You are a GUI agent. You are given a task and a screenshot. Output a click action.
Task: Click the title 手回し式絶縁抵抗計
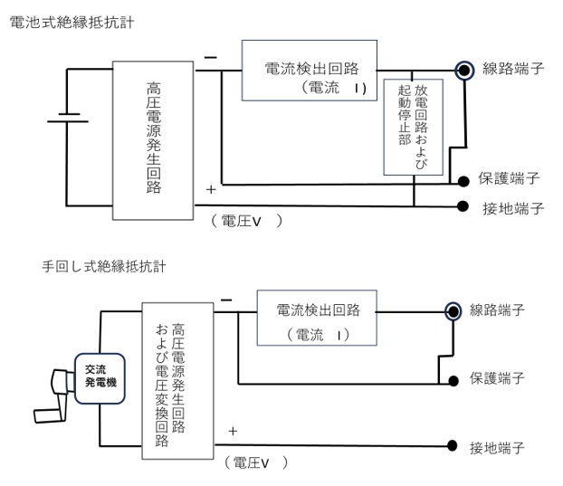point(103,265)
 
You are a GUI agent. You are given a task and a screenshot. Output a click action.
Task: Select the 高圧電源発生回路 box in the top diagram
point(152,139)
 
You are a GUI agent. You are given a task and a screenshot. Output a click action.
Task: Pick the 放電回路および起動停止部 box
point(414,127)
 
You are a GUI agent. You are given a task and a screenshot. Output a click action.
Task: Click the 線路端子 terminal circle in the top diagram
point(464,70)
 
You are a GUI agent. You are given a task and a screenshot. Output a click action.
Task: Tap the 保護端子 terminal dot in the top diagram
point(463,180)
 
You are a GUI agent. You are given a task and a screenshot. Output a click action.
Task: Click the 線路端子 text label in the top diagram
point(513,70)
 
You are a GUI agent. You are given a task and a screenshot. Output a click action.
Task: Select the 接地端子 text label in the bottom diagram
point(498,447)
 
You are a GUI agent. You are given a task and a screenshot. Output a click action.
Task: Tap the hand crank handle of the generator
point(62,385)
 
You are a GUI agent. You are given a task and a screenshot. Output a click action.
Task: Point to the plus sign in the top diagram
point(211,190)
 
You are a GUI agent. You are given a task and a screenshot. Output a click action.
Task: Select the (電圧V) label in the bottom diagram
point(255,462)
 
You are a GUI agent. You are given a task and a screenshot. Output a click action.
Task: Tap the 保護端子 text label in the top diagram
point(513,180)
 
